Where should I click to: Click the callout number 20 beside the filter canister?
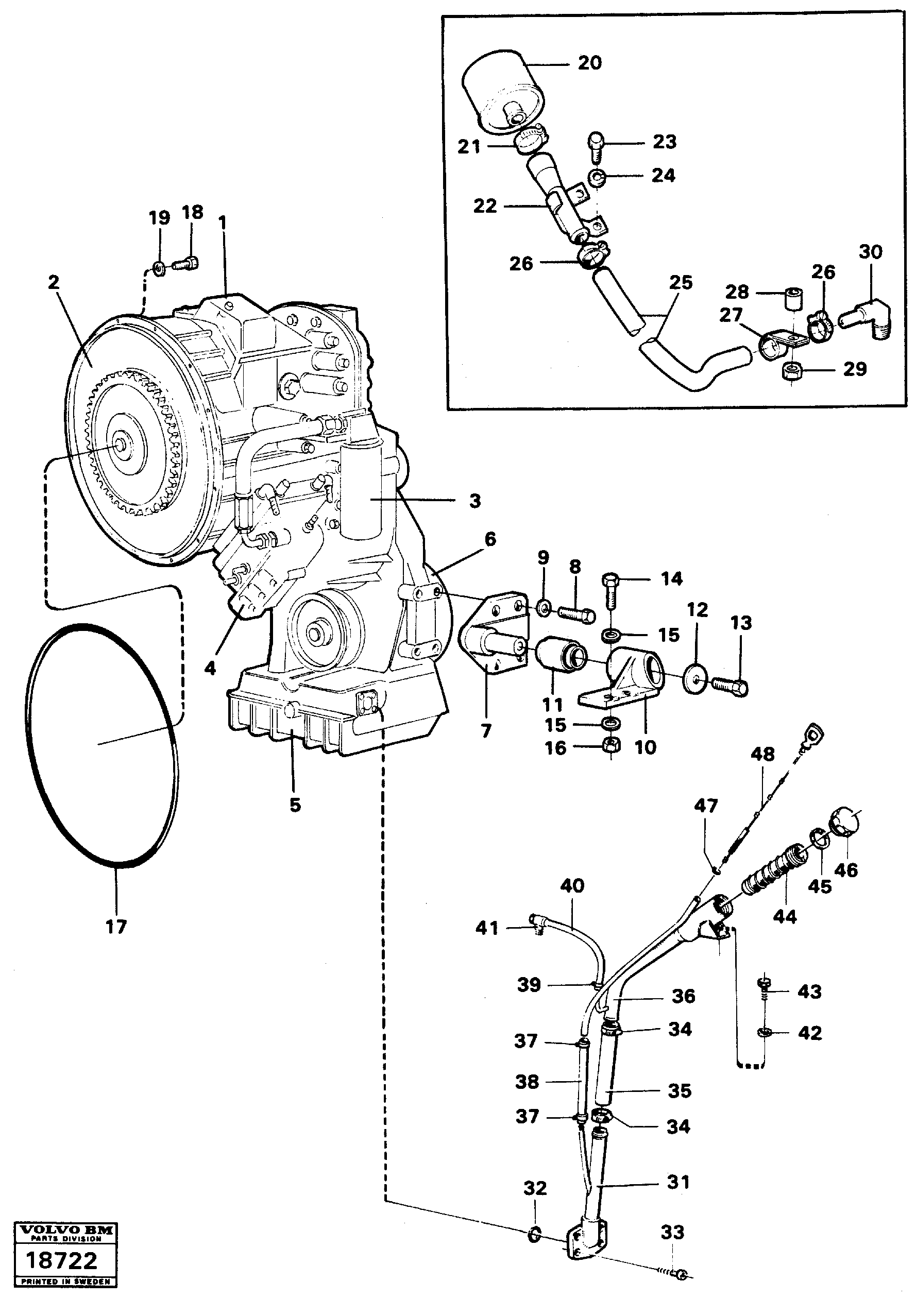point(589,63)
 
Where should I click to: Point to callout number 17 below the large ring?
point(116,927)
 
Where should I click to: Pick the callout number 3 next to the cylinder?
point(474,500)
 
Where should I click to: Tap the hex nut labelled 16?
point(612,746)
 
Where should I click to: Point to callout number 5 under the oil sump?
point(295,805)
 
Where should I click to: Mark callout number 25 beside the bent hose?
point(680,283)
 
